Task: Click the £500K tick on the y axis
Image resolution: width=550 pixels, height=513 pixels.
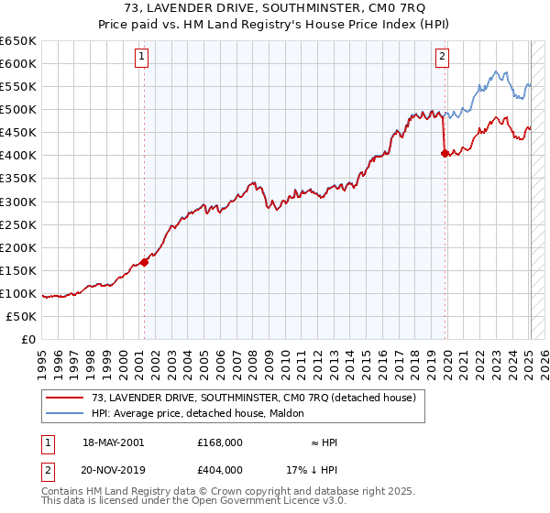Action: [x=18, y=109]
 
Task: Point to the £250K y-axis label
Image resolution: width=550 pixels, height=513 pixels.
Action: [x=18, y=224]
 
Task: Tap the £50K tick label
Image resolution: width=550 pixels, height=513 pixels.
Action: [x=22, y=316]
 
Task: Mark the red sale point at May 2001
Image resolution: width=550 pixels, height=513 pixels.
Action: [x=144, y=262]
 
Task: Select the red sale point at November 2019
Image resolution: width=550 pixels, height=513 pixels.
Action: [x=445, y=153]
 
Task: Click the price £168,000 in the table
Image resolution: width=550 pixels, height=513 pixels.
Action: [x=219, y=442]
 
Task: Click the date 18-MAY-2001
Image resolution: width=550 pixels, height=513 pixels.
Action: [x=106, y=442]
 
